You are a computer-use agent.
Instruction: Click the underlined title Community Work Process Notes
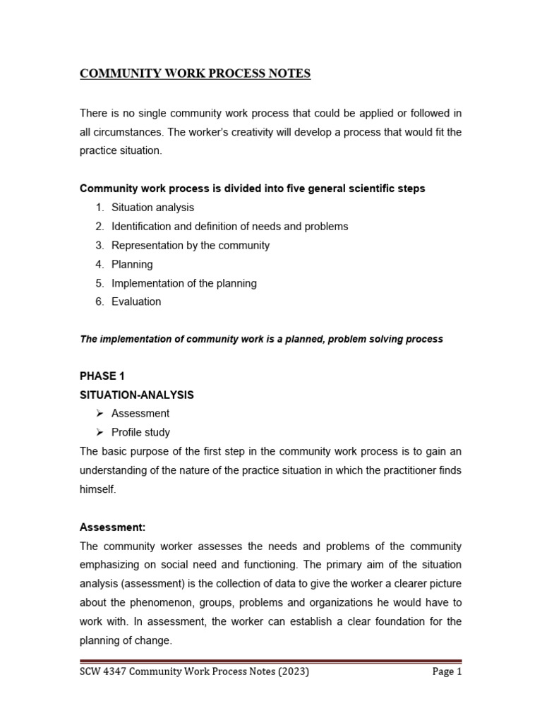(x=195, y=73)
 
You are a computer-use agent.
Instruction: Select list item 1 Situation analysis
(x=152, y=208)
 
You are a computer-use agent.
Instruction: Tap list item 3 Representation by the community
(x=191, y=245)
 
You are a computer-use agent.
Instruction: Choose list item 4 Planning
(x=132, y=264)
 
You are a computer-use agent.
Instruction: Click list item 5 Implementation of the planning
(x=183, y=283)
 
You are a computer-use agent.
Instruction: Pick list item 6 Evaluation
(x=136, y=301)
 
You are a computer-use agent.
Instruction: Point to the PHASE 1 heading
(x=102, y=376)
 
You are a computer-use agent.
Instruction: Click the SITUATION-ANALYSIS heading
(x=137, y=395)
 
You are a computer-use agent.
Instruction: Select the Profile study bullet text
(x=140, y=432)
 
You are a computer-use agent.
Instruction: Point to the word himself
(x=97, y=489)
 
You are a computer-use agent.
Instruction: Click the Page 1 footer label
(x=446, y=672)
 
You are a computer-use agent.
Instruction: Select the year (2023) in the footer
(x=293, y=672)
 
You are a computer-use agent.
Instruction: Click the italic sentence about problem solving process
(x=261, y=339)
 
